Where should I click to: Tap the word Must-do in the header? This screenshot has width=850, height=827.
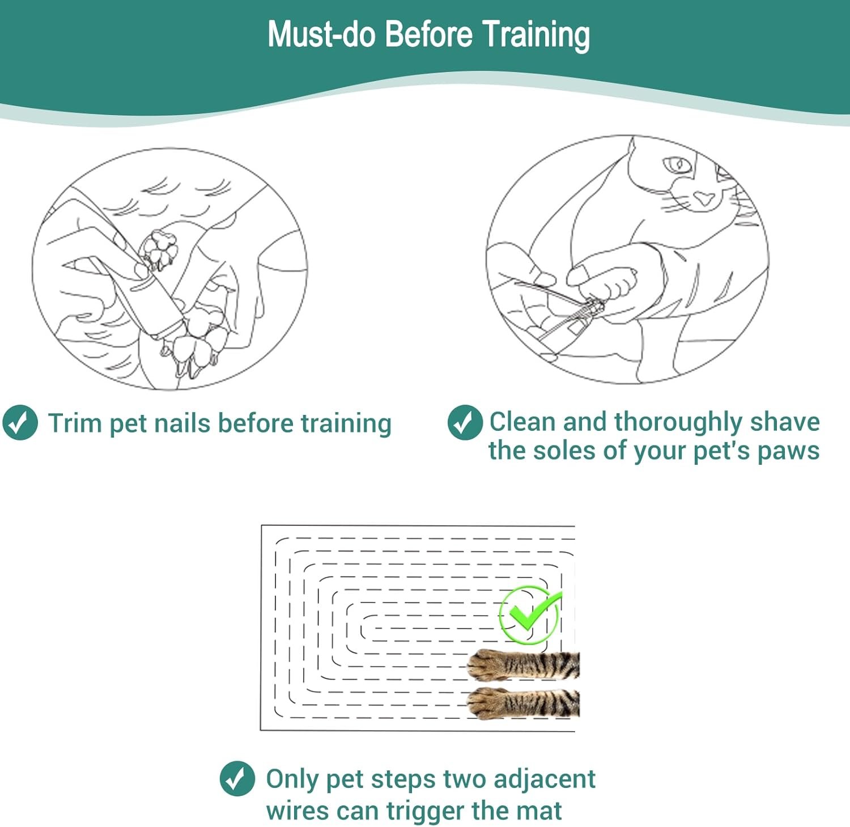click(322, 33)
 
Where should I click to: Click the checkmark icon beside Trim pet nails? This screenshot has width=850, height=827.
click(20, 422)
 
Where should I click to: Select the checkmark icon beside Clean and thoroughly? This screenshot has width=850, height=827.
click(465, 422)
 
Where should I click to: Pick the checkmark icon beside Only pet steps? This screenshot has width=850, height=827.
click(237, 778)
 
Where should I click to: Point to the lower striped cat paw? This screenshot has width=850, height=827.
click(523, 703)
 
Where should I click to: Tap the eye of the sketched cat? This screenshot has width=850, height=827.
click(677, 166)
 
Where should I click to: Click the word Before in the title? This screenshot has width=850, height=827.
click(428, 33)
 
